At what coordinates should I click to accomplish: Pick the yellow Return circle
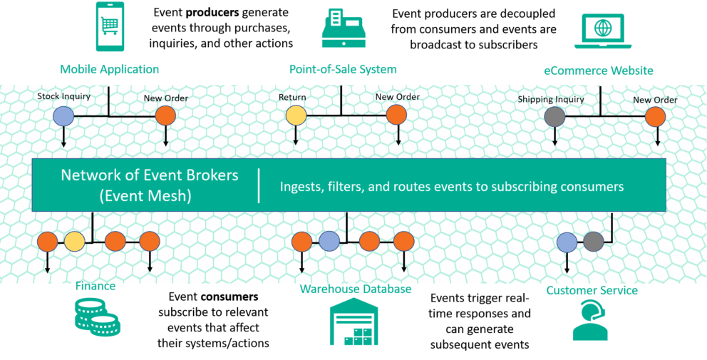(296, 115)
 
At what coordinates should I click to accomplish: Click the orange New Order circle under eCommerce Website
(656, 115)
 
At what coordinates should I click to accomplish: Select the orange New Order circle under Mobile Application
(166, 115)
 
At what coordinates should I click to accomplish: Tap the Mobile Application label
(110, 69)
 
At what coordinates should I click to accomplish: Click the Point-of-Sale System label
(343, 69)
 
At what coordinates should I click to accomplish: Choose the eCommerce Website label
(599, 71)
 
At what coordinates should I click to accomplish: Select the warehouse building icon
(353, 322)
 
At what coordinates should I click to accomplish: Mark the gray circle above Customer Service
(594, 242)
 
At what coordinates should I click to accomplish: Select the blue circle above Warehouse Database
(329, 242)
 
